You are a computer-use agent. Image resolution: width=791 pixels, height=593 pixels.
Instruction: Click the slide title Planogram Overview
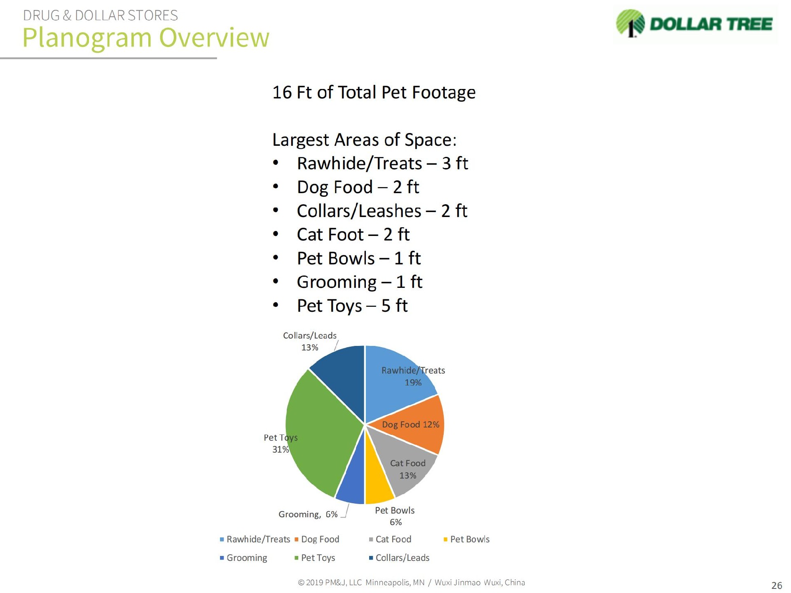146,37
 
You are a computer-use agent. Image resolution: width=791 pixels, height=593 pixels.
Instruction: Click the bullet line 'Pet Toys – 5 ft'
352,306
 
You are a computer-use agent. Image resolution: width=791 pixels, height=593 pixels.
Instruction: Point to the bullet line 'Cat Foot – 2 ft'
353,234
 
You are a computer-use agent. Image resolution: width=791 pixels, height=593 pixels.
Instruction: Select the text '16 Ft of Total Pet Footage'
374,92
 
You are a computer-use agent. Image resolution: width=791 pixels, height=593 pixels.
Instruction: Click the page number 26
777,585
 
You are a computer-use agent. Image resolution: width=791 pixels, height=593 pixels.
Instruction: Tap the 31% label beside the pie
281,449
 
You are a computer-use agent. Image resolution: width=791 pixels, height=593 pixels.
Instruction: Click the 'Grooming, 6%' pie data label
308,514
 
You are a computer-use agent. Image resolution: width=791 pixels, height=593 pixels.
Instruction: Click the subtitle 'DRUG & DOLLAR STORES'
101,15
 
